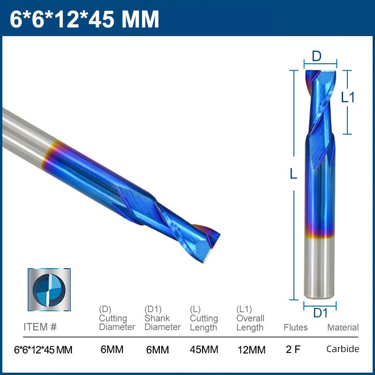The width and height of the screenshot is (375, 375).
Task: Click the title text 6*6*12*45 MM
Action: (85, 19)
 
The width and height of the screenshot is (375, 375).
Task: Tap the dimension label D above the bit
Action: (317, 56)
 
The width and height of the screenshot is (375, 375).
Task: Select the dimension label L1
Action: (348, 97)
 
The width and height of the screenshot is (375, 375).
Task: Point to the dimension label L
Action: (293, 174)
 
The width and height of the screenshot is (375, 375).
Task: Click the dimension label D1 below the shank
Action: (320, 313)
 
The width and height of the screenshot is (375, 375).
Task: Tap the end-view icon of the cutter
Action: (49, 289)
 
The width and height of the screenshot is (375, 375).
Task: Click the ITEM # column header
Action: (40, 327)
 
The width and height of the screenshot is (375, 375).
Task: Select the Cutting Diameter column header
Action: (117, 318)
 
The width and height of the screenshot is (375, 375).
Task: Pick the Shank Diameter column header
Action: (162, 318)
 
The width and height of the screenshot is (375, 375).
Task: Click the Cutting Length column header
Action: (204, 318)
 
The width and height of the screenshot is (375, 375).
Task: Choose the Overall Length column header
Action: (250, 318)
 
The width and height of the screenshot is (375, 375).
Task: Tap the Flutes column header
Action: (295, 327)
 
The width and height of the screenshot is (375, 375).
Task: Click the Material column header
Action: (343, 327)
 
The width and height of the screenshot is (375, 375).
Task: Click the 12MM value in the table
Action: (251, 350)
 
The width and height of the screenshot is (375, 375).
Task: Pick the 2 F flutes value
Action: (293, 350)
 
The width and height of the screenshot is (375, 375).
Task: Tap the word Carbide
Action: (343, 349)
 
